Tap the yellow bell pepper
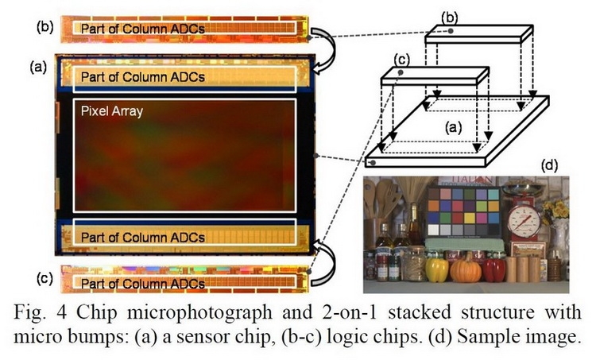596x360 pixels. pos(437,269)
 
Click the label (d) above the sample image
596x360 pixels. pos(548,166)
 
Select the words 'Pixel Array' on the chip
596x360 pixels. pos(112,111)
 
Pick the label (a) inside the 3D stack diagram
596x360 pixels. pos(452,126)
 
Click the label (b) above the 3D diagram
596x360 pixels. pos(449,17)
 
